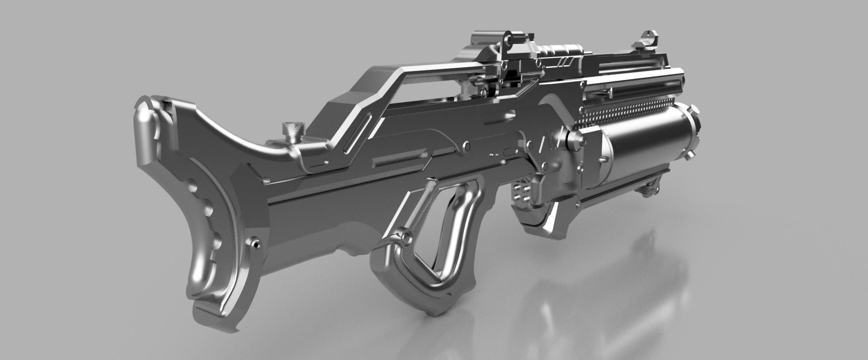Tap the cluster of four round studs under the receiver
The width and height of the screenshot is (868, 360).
[x=520, y=194]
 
